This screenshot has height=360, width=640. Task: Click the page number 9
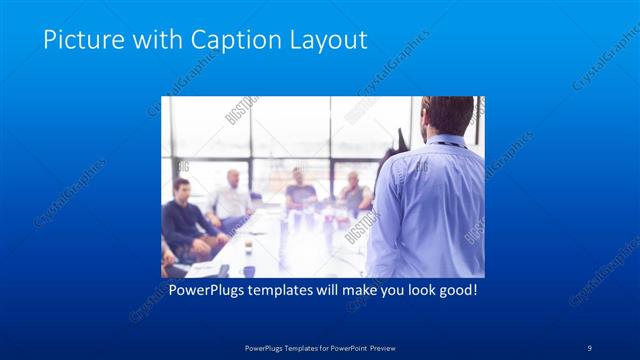(x=590, y=347)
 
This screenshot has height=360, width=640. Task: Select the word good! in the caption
(x=455, y=291)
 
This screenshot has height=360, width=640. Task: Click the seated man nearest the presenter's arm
(x=352, y=193)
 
